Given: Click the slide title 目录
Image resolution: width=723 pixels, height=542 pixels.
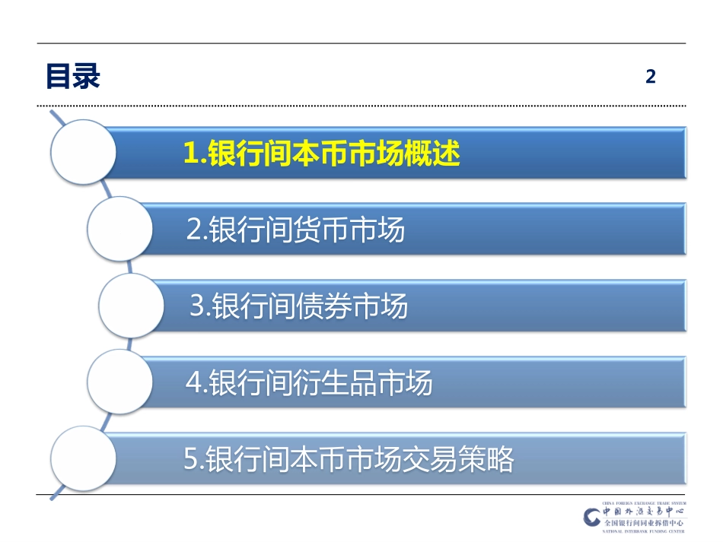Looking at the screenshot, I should point(73,76).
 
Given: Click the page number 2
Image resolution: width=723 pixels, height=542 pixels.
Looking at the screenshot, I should point(650,76).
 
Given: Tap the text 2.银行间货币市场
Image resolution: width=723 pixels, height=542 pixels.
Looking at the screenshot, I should point(295,230).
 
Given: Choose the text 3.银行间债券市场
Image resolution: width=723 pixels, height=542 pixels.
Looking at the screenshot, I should point(298,306).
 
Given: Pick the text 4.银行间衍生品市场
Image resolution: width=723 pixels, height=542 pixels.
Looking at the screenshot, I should point(309,382).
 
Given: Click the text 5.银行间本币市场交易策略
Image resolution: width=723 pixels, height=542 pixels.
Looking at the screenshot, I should point(349,459).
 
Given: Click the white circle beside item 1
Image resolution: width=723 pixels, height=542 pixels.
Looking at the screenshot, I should point(83,152).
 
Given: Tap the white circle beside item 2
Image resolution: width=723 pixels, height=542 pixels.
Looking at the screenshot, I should point(120,229).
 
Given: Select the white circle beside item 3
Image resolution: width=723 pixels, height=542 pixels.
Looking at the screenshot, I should point(132,306).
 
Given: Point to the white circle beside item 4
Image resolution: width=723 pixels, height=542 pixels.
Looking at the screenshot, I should point(120,382).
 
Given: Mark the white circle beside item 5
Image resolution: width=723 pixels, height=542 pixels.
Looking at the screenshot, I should point(83,458).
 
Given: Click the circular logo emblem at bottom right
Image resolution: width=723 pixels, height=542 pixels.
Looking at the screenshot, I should point(592,517).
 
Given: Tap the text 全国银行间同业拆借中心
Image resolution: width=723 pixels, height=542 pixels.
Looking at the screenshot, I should point(644,523).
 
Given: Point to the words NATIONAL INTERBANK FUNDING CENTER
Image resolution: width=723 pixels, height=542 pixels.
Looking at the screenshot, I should point(644,531).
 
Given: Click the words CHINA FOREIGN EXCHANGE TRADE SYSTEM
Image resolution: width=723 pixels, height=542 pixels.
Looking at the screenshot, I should point(644,503).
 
